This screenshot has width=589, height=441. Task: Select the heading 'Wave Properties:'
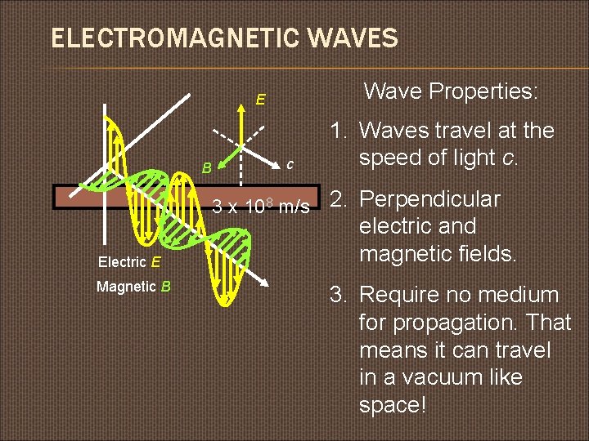coord(451,91)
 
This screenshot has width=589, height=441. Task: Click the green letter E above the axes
coord(260,100)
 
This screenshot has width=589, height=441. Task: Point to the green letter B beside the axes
coord(208,168)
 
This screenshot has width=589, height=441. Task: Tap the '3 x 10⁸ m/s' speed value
coord(261,207)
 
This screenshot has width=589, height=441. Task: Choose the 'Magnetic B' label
coord(133,287)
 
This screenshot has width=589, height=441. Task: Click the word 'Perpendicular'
coord(430,199)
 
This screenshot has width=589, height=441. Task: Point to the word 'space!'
coord(393,405)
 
